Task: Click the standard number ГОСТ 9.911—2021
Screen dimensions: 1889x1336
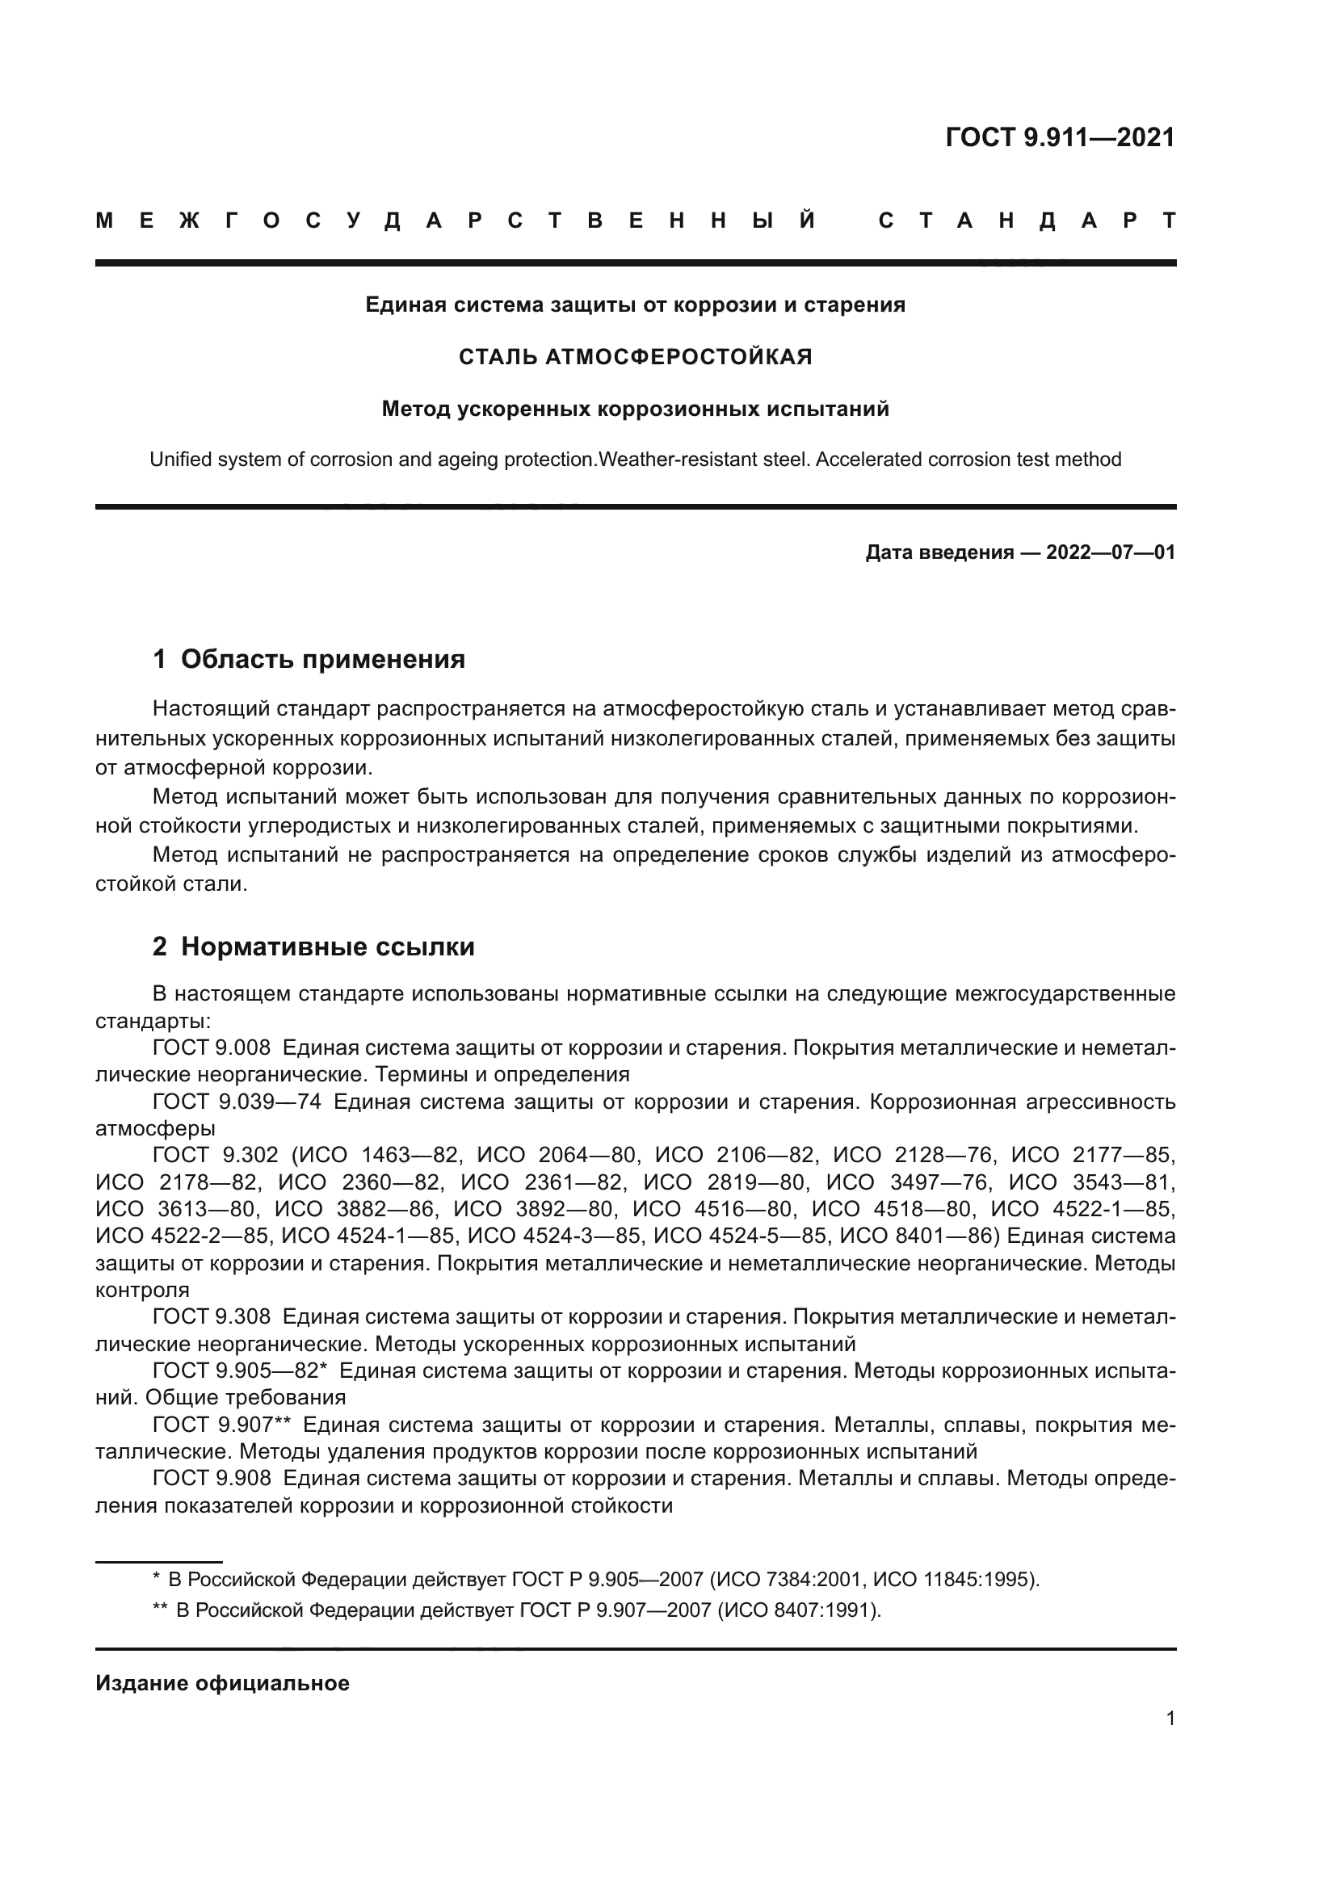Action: click(1060, 137)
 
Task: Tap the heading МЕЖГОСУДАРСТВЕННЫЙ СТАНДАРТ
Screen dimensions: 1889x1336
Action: click(635, 220)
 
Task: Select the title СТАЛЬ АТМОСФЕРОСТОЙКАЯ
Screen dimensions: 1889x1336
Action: click(635, 357)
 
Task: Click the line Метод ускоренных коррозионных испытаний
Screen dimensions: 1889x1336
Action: click(635, 409)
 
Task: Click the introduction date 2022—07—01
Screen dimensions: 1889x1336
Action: click(1110, 552)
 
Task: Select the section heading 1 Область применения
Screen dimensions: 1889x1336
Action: click(309, 659)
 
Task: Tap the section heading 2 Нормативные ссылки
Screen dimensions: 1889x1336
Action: click(313, 947)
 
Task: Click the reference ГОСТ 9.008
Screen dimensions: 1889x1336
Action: click(212, 1048)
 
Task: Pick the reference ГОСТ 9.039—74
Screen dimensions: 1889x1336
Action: click(237, 1102)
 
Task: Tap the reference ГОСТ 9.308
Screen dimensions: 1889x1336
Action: click(212, 1317)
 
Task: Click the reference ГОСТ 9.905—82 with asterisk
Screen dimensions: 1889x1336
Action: click(240, 1371)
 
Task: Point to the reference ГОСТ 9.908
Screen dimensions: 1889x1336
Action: click(212, 1479)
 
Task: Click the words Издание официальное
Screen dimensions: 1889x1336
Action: click(222, 1683)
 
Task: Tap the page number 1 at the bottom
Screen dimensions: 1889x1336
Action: click(1170, 1719)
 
